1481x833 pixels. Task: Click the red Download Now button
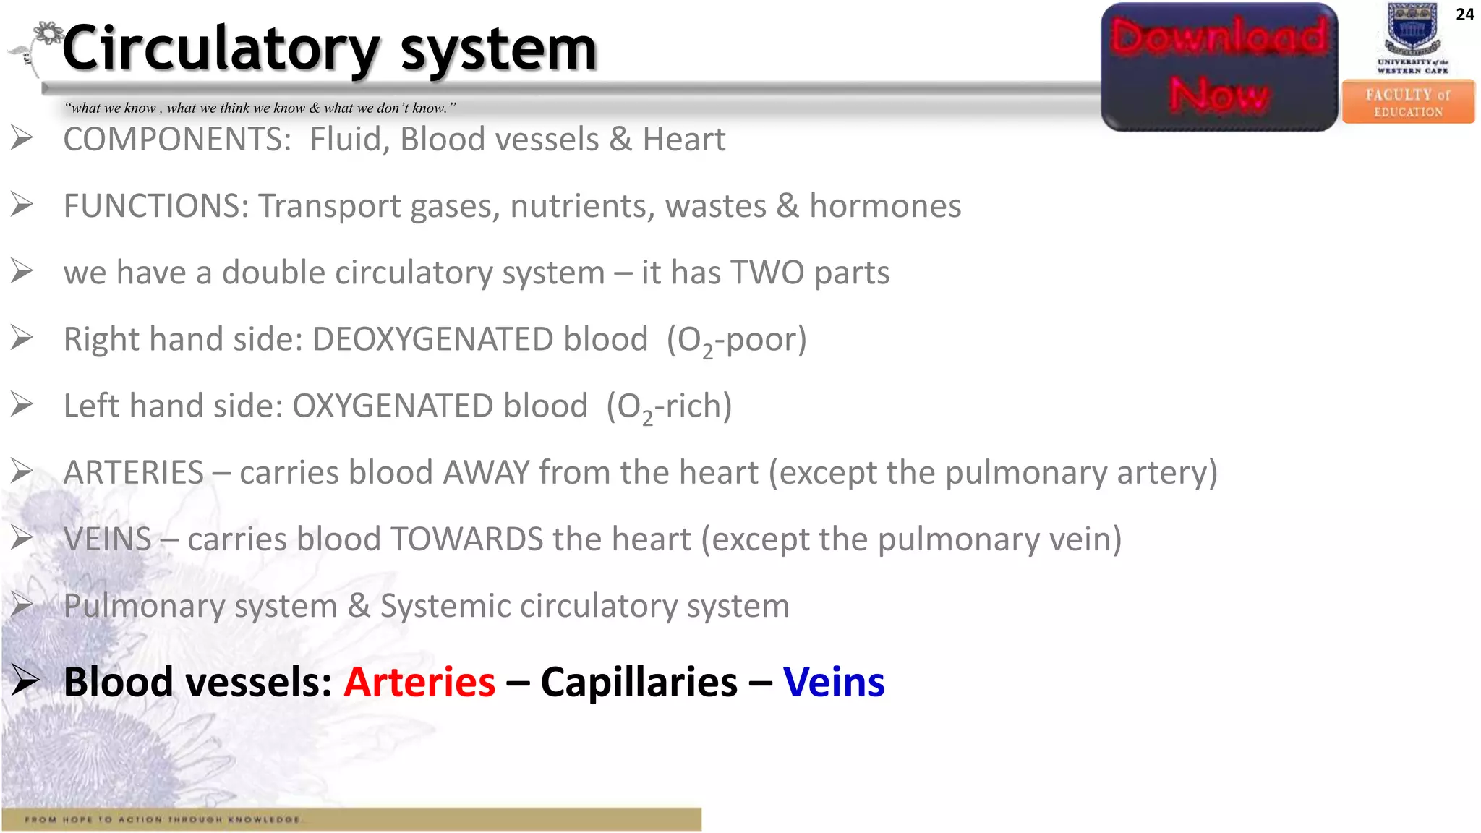pyautogui.click(x=1219, y=67)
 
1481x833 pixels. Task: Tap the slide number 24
pyautogui.click(x=1464, y=14)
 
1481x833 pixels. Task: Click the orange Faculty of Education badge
pyautogui.click(x=1408, y=102)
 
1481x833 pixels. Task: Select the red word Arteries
pyautogui.click(x=419, y=682)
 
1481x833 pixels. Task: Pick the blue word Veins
pyautogui.click(x=834, y=682)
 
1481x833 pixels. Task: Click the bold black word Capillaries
pyautogui.click(x=639, y=682)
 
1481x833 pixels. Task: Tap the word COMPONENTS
pyautogui.click(x=177, y=140)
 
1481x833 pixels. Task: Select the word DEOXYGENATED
pyautogui.click(x=479, y=339)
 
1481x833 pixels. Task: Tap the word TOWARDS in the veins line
pyautogui.click(x=466, y=539)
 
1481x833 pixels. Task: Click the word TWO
pyautogui.click(x=767, y=273)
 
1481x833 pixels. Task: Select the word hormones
pyautogui.click(x=885, y=206)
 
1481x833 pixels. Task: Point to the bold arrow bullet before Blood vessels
pyautogui.click(x=25, y=680)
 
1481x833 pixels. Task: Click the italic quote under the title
pyautogui.click(x=260, y=108)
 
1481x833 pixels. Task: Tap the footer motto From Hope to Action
pyautogui.click(x=163, y=819)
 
